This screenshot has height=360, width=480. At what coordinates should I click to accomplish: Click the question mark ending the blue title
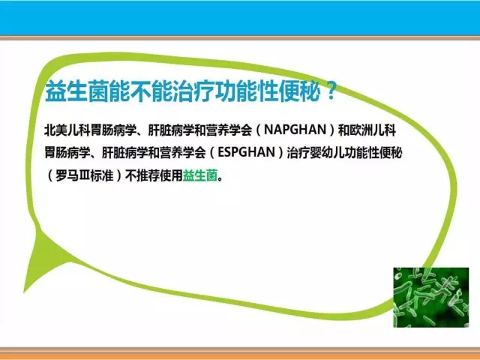click(x=331, y=91)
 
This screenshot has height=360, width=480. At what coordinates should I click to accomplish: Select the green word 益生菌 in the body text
click(x=200, y=175)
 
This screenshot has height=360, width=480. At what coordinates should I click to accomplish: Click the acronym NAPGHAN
click(x=295, y=130)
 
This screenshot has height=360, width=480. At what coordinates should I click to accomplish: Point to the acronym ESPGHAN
click(x=246, y=152)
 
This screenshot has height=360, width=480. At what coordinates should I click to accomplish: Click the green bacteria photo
click(x=431, y=297)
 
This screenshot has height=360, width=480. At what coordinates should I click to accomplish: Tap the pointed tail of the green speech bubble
click(x=25, y=291)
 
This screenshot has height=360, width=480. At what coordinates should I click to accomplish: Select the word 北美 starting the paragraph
click(x=55, y=130)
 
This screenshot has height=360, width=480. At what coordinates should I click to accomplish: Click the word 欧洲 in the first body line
click(x=361, y=130)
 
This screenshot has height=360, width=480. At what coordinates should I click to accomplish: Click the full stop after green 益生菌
click(x=220, y=179)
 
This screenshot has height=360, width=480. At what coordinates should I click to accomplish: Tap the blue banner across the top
click(x=240, y=18)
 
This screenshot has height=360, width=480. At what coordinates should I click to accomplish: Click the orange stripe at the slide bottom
click(x=240, y=354)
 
